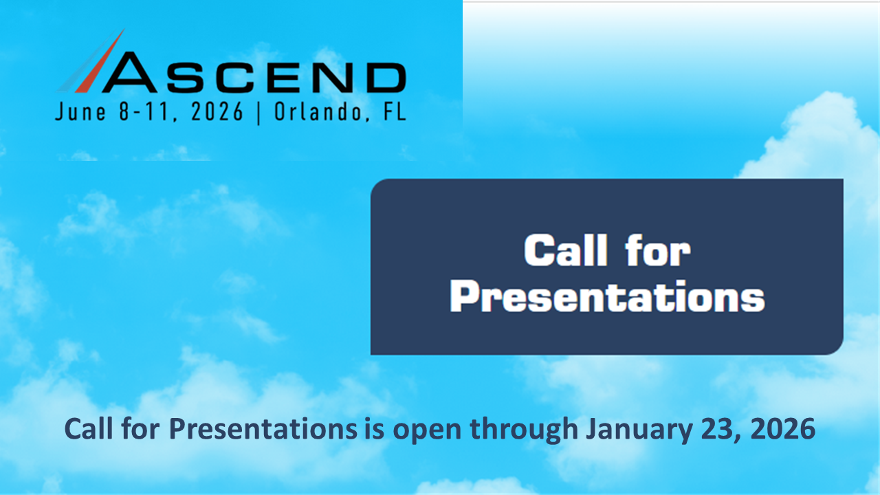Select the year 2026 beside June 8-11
(214, 113)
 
